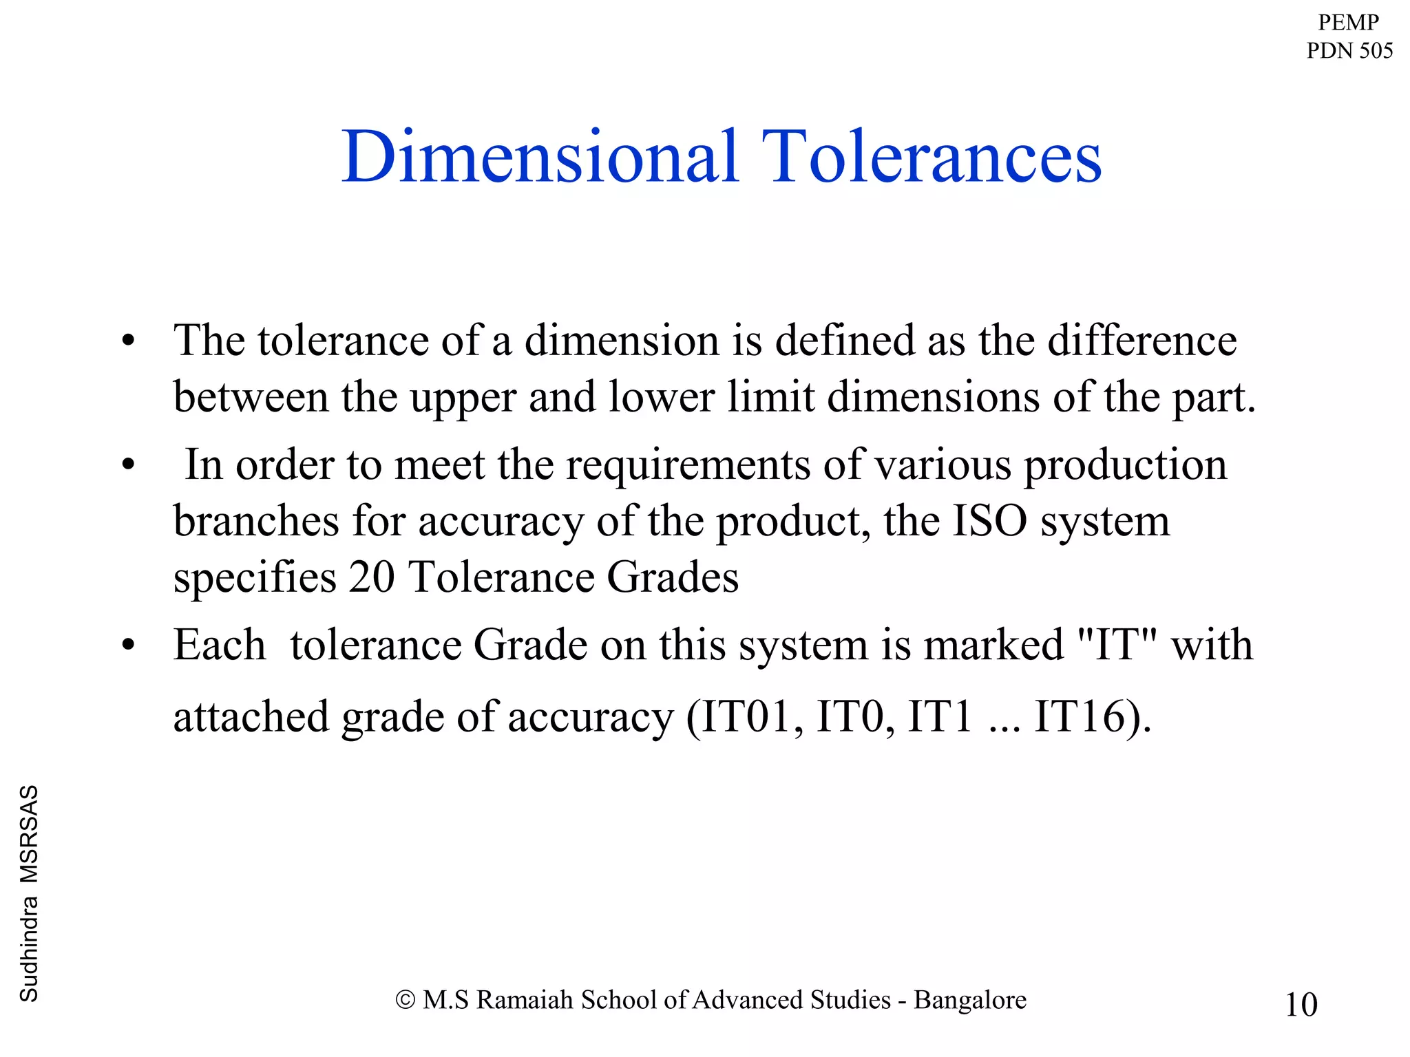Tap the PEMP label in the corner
click(x=1348, y=22)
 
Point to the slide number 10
click(x=1301, y=1004)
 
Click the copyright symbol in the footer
click(x=406, y=1000)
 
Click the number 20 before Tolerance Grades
click(x=371, y=577)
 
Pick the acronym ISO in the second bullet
click(x=989, y=521)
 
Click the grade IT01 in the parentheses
click(x=745, y=716)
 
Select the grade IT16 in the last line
click(x=1079, y=716)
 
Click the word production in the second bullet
click(x=1126, y=465)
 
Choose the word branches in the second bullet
click(x=256, y=521)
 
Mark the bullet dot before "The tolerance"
click(x=128, y=341)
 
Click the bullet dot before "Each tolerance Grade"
click(x=128, y=646)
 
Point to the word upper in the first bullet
click(x=463, y=398)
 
